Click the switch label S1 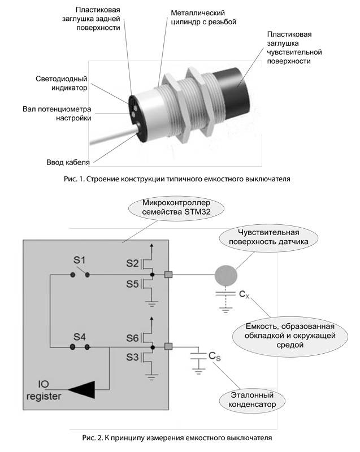tap(79, 260)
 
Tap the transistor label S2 tap(132, 263)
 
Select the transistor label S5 tap(132, 284)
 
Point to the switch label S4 tap(79, 337)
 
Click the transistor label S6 tap(132, 338)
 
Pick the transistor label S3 tap(132, 357)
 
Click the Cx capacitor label tap(244, 294)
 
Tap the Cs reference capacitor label tap(214, 357)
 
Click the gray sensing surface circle tap(225, 276)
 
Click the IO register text tap(44, 390)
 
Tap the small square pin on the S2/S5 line tap(168, 275)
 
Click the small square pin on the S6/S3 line tap(168, 346)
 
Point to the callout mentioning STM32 tap(176, 207)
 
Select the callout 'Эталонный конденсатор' tap(252, 399)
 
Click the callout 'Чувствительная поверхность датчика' tap(268, 237)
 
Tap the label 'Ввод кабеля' tap(68, 162)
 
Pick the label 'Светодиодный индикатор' tap(62, 83)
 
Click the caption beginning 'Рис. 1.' tap(177, 179)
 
